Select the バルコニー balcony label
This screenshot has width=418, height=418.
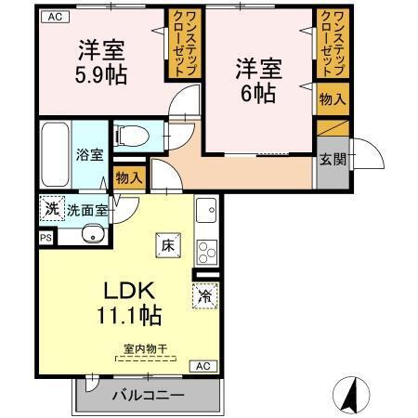[147, 395]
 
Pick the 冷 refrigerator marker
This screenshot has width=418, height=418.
[204, 296]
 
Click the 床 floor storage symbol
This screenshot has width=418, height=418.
[168, 246]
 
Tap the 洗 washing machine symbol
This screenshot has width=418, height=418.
[51, 209]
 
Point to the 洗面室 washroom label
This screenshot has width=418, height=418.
[86, 209]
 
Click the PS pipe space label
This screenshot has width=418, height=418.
[46, 237]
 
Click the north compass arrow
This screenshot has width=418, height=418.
[351, 394]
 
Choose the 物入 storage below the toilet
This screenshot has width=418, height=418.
[128, 177]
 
